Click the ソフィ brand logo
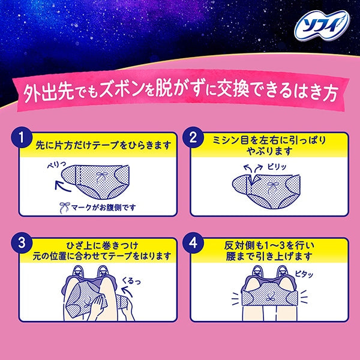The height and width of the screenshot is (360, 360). click(322, 25)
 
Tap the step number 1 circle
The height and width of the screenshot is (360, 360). click(22, 138)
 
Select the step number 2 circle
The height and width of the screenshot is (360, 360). click(193, 138)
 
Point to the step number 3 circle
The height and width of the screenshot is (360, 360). click(22, 243)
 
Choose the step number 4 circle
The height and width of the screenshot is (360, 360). click(193, 243)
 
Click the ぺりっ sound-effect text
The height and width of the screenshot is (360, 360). click(56, 164)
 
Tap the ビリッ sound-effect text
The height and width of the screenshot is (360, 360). click(277, 167)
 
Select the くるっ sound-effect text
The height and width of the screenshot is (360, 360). click(131, 281)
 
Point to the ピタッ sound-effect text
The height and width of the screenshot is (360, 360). click(304, 274)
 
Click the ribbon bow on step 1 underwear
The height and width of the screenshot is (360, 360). click(101, 177)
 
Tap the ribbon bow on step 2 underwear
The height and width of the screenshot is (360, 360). click(273, 187)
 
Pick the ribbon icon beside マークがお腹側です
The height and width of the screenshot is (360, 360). click(64, 208)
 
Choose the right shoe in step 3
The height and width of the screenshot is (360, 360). click(103, 271)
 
